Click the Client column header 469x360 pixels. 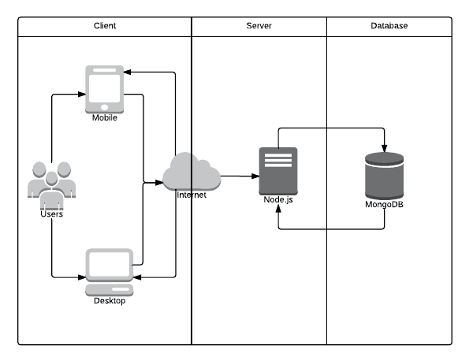[105, 26]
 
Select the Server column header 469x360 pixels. [259, 26]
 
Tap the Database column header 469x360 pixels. [389, 26]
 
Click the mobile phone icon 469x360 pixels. [104, 89]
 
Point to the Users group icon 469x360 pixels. [51, 185]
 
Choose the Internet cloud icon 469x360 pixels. [192, 172]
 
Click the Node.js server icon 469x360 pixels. [278, 171]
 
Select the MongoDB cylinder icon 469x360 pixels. [385, 176]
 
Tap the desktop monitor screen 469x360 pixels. [110, 265]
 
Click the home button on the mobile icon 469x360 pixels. [104, 107]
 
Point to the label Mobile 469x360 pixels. [104, 118]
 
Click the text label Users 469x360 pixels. [51, 214]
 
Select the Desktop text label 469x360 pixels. [110, 301]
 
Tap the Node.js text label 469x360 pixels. [278, 199]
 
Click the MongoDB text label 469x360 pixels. [385, 205]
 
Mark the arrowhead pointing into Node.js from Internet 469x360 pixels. [255, 176]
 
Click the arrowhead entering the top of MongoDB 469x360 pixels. [385, 148]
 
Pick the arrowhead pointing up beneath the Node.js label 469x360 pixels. [278, 209]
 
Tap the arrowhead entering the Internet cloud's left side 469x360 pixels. [159, 183]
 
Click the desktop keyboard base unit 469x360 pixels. [110, 290]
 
